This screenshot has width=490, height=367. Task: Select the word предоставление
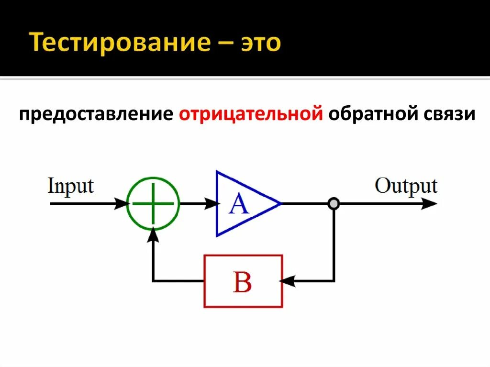[96, 115]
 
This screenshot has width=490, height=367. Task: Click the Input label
[70, 186]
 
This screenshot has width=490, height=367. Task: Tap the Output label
[406, 186]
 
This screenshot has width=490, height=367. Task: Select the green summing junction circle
[153, 203]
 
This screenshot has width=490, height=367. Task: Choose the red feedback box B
[243, 281]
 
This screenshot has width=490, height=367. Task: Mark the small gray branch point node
[334, 204]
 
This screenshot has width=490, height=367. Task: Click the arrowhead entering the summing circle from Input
[122, 203]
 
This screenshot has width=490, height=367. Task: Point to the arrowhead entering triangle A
[211, 203]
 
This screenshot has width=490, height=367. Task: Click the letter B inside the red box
[242, 282]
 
